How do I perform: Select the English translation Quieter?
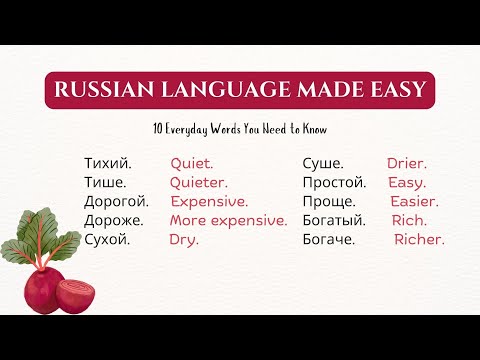[x=198, y=182]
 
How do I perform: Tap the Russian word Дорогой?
[x=116, y=201]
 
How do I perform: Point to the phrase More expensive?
[x=228, y=220]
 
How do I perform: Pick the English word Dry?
[x=184, y=239]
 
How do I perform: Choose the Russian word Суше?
[x=324, y=163]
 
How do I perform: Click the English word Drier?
[x=407, y=163]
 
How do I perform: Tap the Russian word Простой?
[x=334, y=182]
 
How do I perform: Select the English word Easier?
[x=414, y=201]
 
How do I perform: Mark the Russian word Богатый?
[x=334, y=220]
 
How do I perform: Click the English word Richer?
[x=419, y=239]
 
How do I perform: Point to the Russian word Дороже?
[x=114, y=220]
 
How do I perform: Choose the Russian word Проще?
[x=326, y=201]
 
